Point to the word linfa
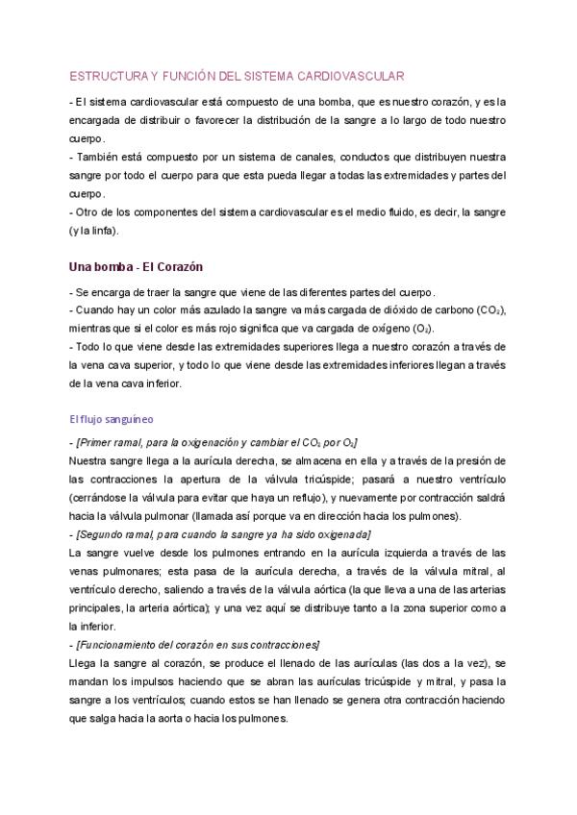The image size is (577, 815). pos(99,230)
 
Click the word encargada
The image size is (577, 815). pos(100,119)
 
